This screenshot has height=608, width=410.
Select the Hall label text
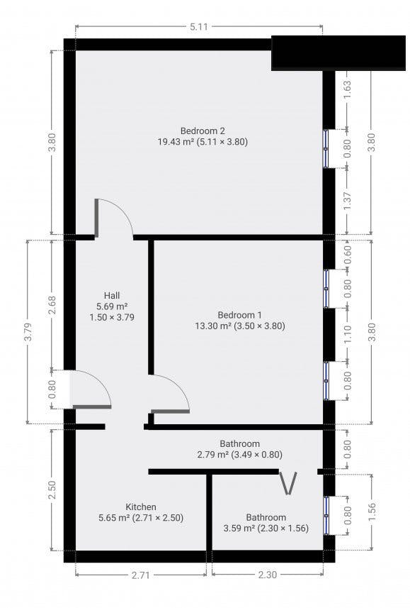point(111,296)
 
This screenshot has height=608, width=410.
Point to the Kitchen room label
point(141,507)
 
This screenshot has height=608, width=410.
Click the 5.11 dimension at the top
point(198,27)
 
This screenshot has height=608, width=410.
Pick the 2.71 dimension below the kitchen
point(140,575)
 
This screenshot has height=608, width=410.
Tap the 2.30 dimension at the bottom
point(268,575)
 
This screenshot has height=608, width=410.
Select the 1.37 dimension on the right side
point(347,201)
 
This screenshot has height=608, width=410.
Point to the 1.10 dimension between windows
point(347,334)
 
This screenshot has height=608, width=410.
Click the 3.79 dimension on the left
point(28,332)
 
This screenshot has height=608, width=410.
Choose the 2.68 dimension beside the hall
point(52,305)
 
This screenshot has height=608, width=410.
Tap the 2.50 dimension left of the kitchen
point(52,490)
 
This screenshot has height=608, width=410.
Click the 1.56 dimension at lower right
point(372,512)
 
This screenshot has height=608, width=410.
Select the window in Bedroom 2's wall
point(326,148)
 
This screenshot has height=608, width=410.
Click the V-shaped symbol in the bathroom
point(288,484)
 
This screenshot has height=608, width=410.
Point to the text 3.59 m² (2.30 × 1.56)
point(266,528)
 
